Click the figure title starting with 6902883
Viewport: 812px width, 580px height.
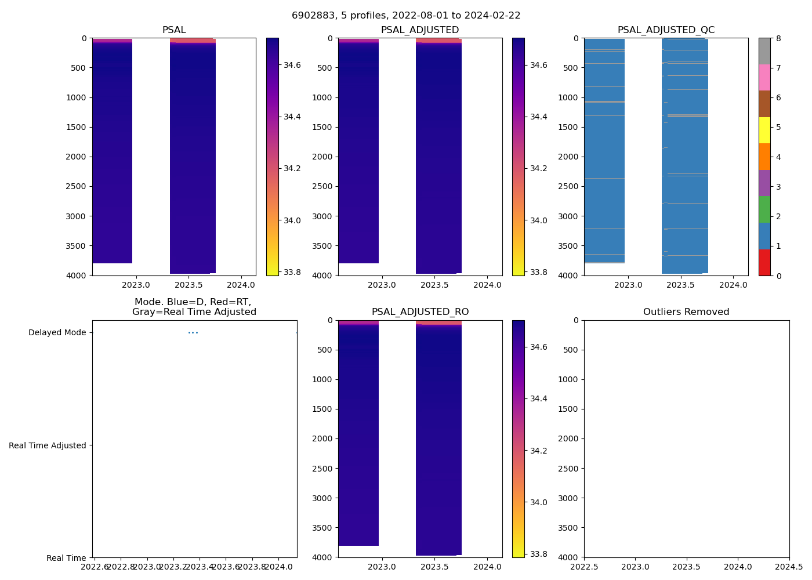coord(406,16)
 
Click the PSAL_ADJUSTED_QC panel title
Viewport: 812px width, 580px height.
coord(666,30)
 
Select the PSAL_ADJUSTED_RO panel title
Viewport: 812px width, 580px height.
coord(420,312)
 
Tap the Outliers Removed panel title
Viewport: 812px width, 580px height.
coord(686,312)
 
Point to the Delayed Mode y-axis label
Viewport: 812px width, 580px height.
coord(57,332)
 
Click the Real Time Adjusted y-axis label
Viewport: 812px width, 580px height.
coord(48,445)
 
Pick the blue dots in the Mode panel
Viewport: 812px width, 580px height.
coord(193,332)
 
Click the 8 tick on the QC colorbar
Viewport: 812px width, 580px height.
coord(778,38)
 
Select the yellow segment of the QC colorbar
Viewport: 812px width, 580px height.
coord(764,130)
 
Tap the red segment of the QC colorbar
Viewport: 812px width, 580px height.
coord(764,262)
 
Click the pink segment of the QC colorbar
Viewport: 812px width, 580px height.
coord(764,78)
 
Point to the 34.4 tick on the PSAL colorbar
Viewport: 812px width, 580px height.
coord(292,117)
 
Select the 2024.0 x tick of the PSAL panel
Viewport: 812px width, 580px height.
coord(241,285)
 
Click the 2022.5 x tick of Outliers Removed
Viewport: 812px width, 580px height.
coord(584,567)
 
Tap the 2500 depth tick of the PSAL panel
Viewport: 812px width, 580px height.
coord(77,186)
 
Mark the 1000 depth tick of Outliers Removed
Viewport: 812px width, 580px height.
coord(568,379)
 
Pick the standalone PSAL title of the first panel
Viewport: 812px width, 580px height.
coord(174,30)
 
